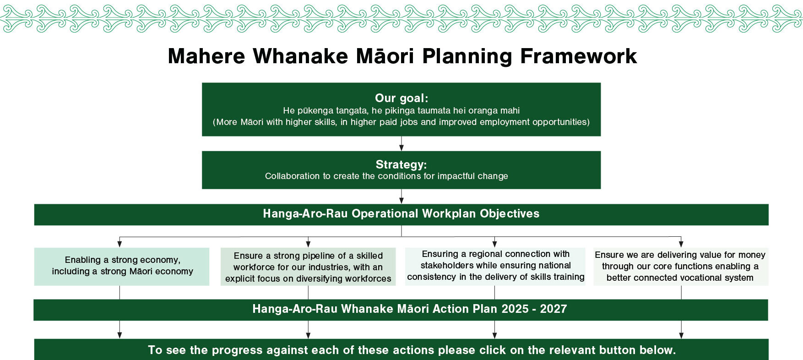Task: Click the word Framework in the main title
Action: coord(578,56)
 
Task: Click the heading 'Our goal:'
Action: coord(401,98)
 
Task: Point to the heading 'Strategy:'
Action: coord(401,164)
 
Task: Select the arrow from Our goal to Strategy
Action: coord(401,143)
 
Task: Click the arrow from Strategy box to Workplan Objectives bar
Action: coord(401,196)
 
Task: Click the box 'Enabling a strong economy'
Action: coord(122,267)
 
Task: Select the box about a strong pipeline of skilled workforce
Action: coord(308,267)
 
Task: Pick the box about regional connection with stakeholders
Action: coord(495,267)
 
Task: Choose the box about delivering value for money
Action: coord(681,267)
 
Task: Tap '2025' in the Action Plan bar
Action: coord(515,309)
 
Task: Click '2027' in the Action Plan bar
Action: coord(553,309)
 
